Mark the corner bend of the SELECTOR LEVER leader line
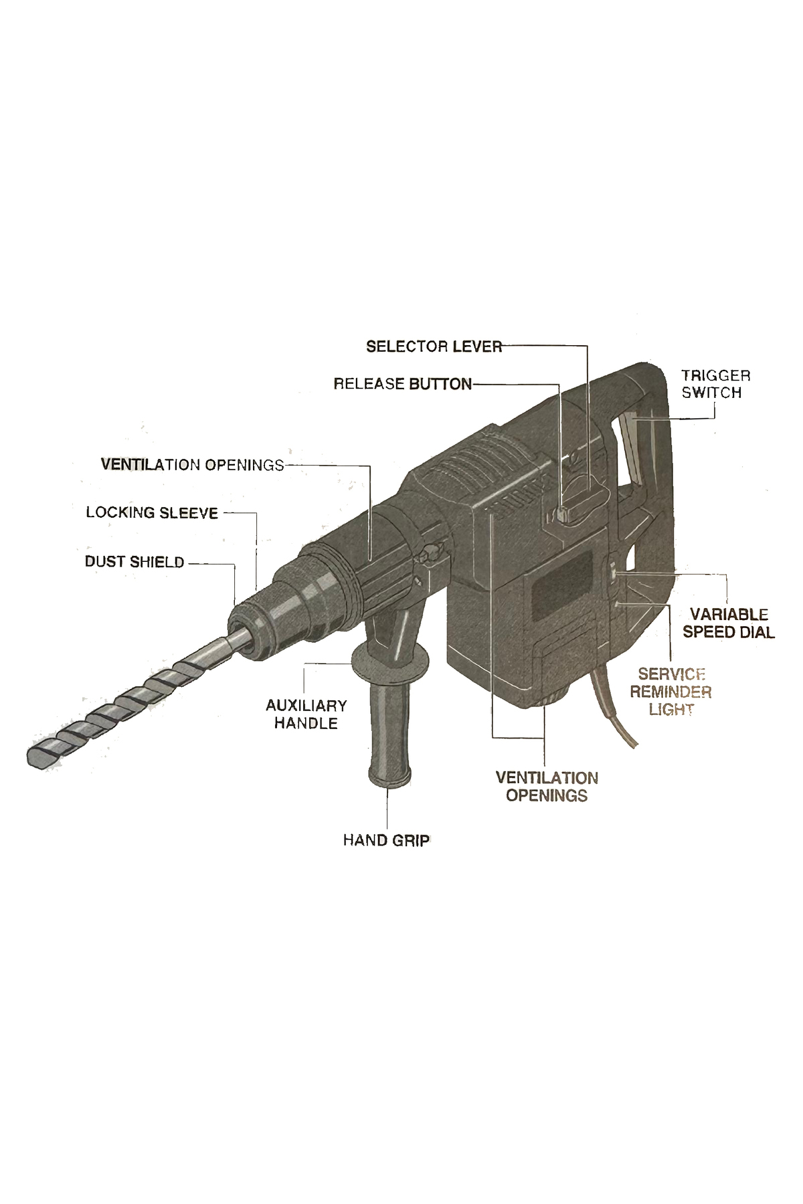[x=587, y=346]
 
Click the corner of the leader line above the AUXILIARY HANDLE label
[x=305, y=664]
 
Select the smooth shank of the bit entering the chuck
[x=236, y=641]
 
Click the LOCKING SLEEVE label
[x=153, y=513]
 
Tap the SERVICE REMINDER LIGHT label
[x=671, y=692]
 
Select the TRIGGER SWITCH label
[x=716, y=384]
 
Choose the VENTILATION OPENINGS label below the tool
[x=547, y=787]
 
